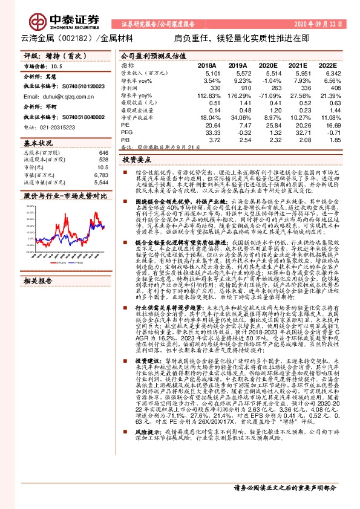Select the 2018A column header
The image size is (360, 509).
coord(207,65)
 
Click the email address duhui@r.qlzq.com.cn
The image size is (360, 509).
coord(51,96)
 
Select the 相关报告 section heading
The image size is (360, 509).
coord(38,281)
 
